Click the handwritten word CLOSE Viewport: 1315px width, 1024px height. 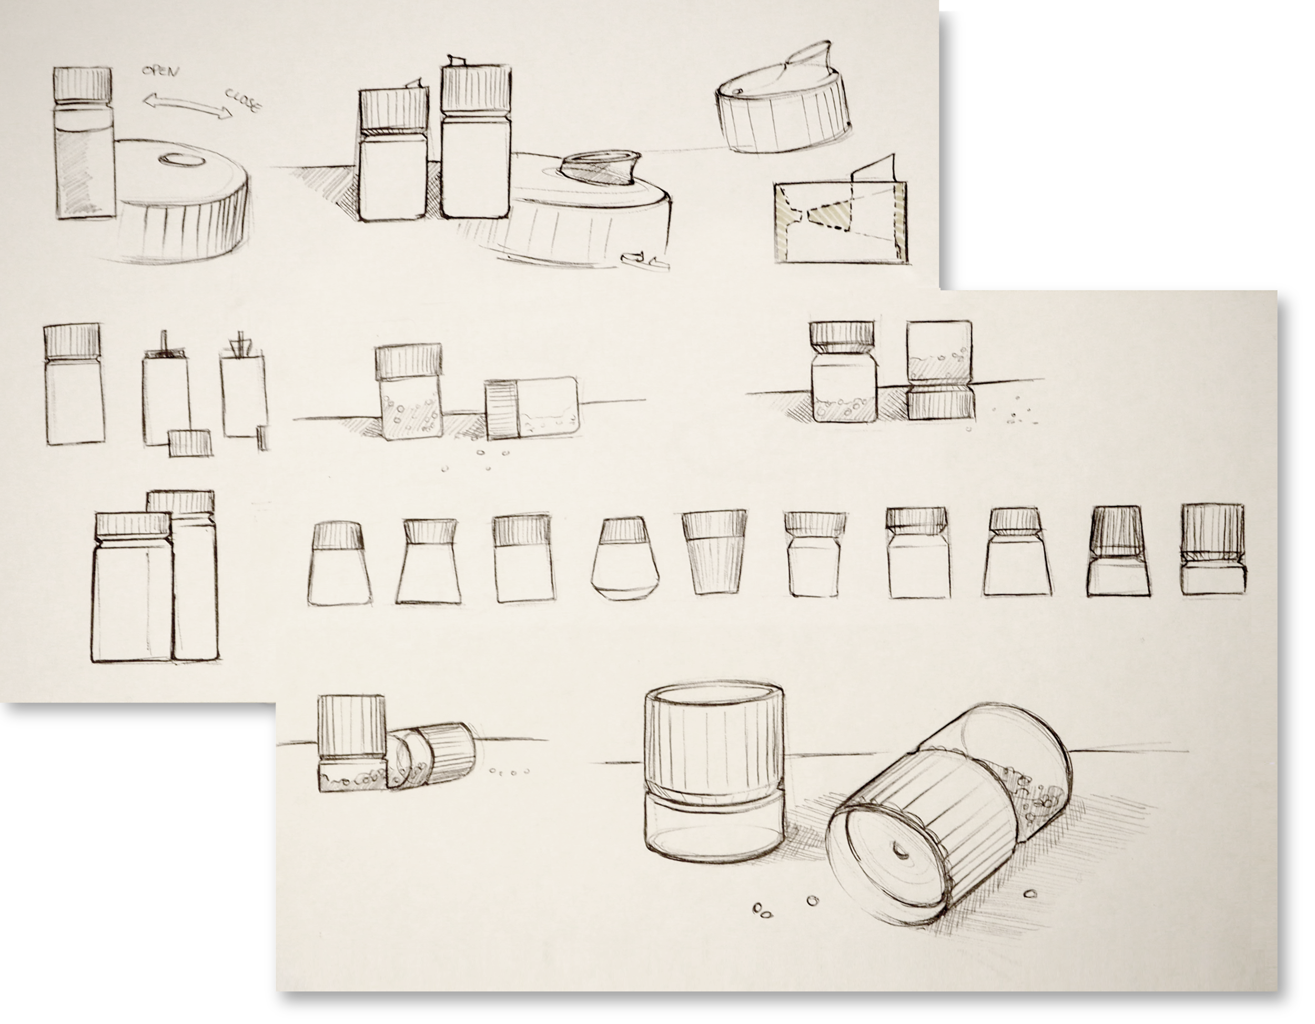[242, 100]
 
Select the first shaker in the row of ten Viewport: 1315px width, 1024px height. [339, 563]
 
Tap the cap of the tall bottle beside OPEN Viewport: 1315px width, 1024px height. [83, 86]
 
